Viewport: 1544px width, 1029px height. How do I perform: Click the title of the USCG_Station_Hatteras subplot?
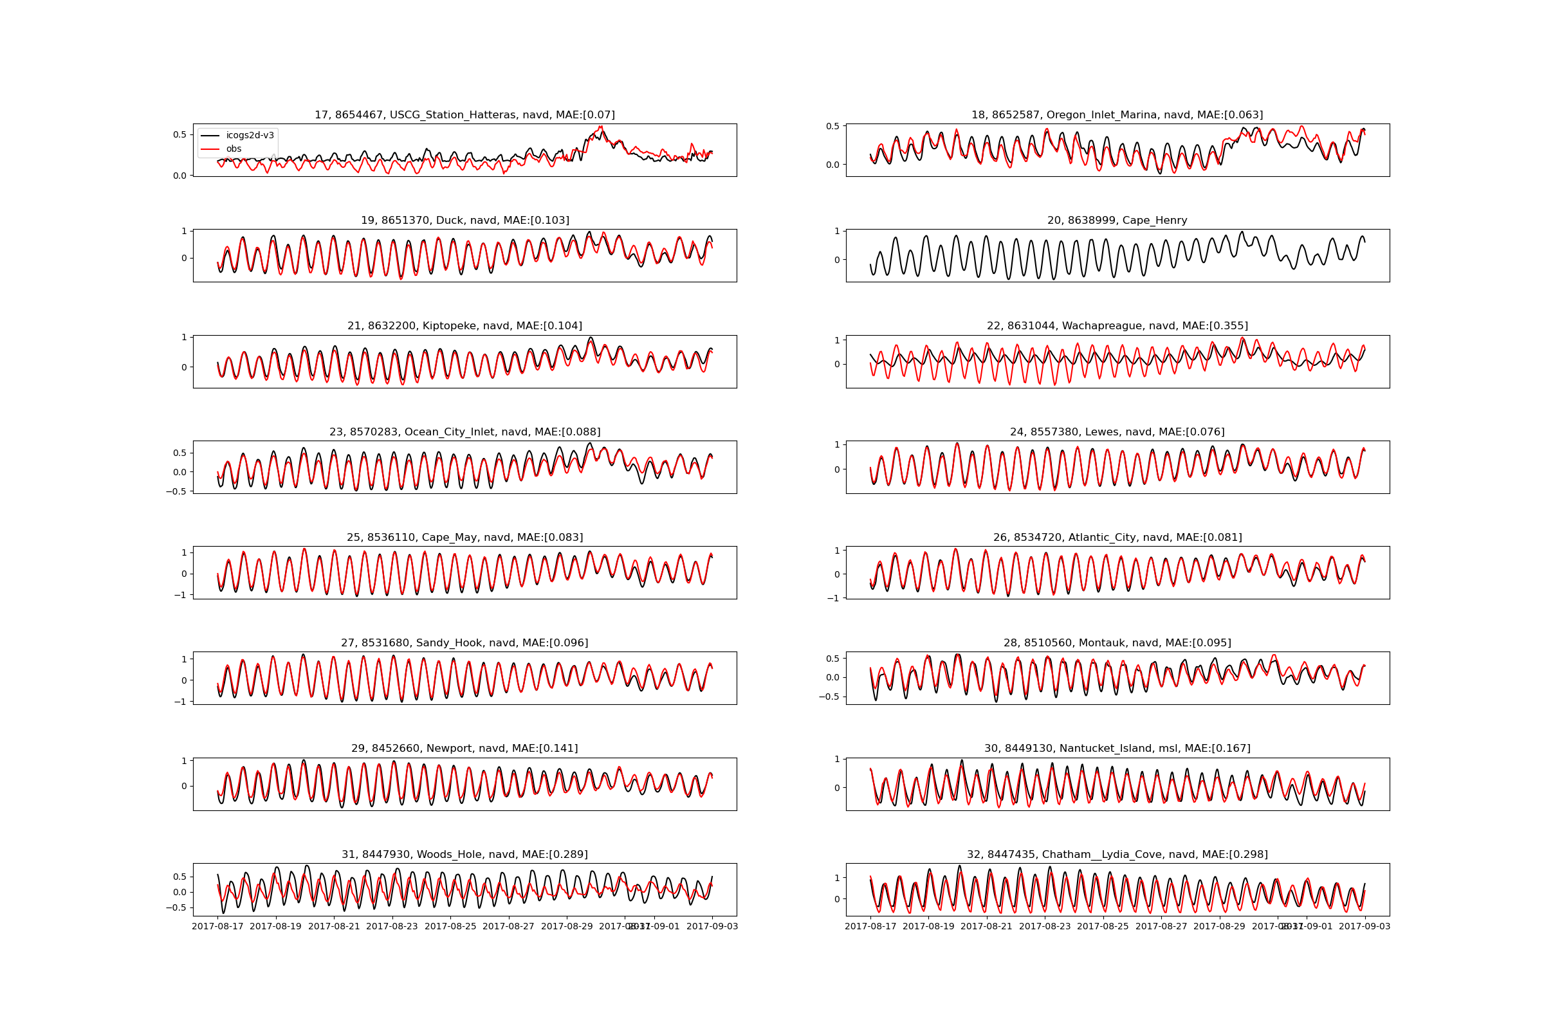[x=464, y=115]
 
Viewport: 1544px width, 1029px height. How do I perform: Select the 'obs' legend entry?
[x=234, y=149]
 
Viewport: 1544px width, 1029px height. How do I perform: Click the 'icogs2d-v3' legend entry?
[x=250, y=135]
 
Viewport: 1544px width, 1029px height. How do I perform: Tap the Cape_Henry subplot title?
[x=1117, y=221]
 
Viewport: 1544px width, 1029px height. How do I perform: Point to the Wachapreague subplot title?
[x=1117, y=326]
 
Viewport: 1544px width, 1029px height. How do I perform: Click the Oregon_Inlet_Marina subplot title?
[x=1117, y=115]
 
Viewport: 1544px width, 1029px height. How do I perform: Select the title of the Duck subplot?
[x=464, y=221]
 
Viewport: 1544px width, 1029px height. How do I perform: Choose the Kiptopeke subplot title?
[x=464, y=326]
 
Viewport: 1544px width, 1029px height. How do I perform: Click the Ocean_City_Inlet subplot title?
[x=464, y=432]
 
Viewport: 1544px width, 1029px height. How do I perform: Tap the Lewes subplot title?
[x=1117, y=432]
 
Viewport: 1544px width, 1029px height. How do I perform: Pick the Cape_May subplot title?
[x=464, y=538]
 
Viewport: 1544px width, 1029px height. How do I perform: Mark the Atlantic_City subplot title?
[x=1117, y=538]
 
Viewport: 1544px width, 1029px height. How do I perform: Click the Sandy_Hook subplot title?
[x=464, y=643]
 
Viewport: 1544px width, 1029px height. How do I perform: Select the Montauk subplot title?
[x=1117, y=643]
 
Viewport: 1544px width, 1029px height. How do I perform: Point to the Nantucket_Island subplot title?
[x=1117, y=749]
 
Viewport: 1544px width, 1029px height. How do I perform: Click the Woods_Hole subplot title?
[x=464, y=855]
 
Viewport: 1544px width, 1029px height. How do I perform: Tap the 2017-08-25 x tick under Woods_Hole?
[x=450, y=927]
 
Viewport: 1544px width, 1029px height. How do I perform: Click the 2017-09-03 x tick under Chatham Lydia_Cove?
[x=1364, y=927]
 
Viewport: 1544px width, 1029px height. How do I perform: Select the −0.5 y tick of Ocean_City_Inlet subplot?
[x=176, y=491]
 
